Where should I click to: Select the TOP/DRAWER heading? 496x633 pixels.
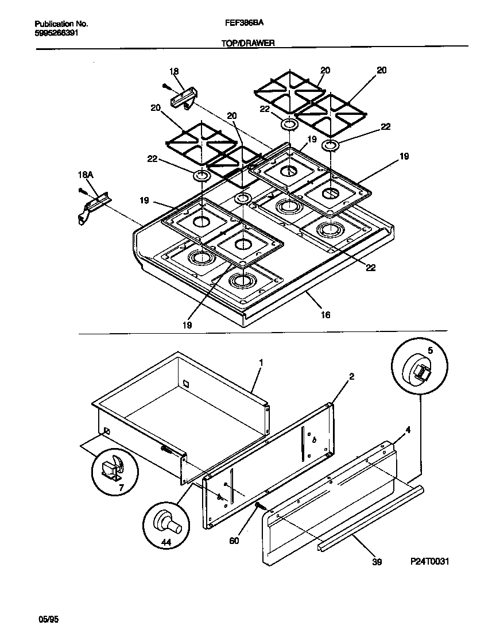(248, 43)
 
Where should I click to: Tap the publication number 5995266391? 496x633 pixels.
(57, 33)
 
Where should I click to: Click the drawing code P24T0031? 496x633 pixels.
(429, 562)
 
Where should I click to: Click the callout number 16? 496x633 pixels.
(325, 315)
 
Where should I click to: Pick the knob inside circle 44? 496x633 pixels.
(168, 523)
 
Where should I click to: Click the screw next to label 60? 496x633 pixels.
(260, 506)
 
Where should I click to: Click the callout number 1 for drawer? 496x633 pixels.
(261, 362)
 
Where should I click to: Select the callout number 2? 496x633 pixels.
(351, 377)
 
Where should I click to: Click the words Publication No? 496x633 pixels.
(61, 24)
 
